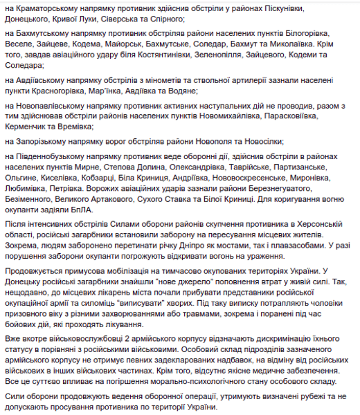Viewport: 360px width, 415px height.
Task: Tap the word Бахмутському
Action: pos(42,37)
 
